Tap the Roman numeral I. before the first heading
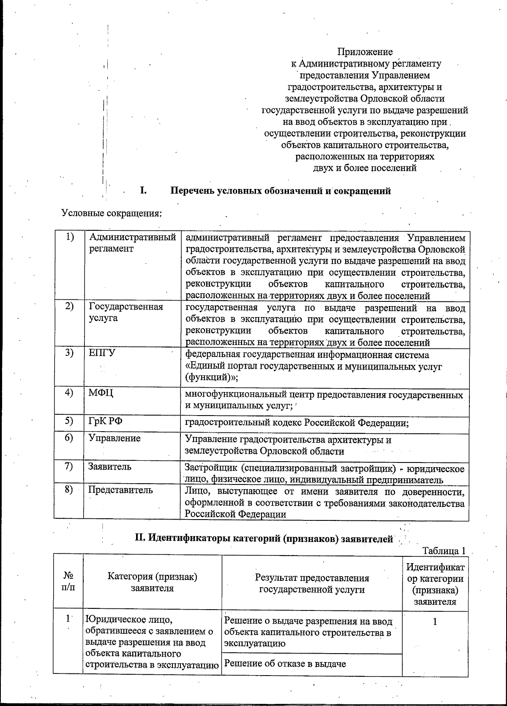(143, 190)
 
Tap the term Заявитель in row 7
(109, 467)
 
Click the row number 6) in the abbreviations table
(69, 438)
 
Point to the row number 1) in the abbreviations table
(69, 237)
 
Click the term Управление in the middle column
(114, 438)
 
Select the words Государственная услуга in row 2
(125, 312)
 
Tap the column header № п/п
(68, 583)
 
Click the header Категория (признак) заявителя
(152, 583)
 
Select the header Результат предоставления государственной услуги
(312, 583)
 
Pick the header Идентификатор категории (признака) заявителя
(434, 584)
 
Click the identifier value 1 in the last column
(435, 621)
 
